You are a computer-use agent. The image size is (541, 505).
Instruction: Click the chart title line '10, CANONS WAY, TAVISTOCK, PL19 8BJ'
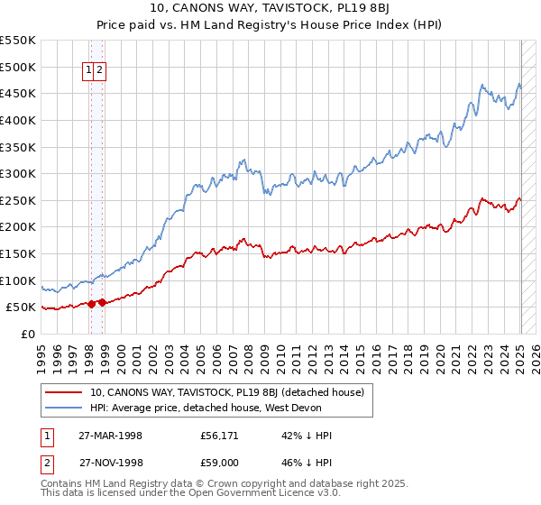pyautogui.click(x=270, y=11)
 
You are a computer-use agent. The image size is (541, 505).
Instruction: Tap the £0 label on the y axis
pyautogui.click(x=26, y=334)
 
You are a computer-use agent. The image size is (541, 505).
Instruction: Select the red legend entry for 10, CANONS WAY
pyautogui.click(x=226, y=392)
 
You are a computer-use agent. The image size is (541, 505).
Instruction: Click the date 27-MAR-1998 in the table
pyautogui.click(x=110, y=436)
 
